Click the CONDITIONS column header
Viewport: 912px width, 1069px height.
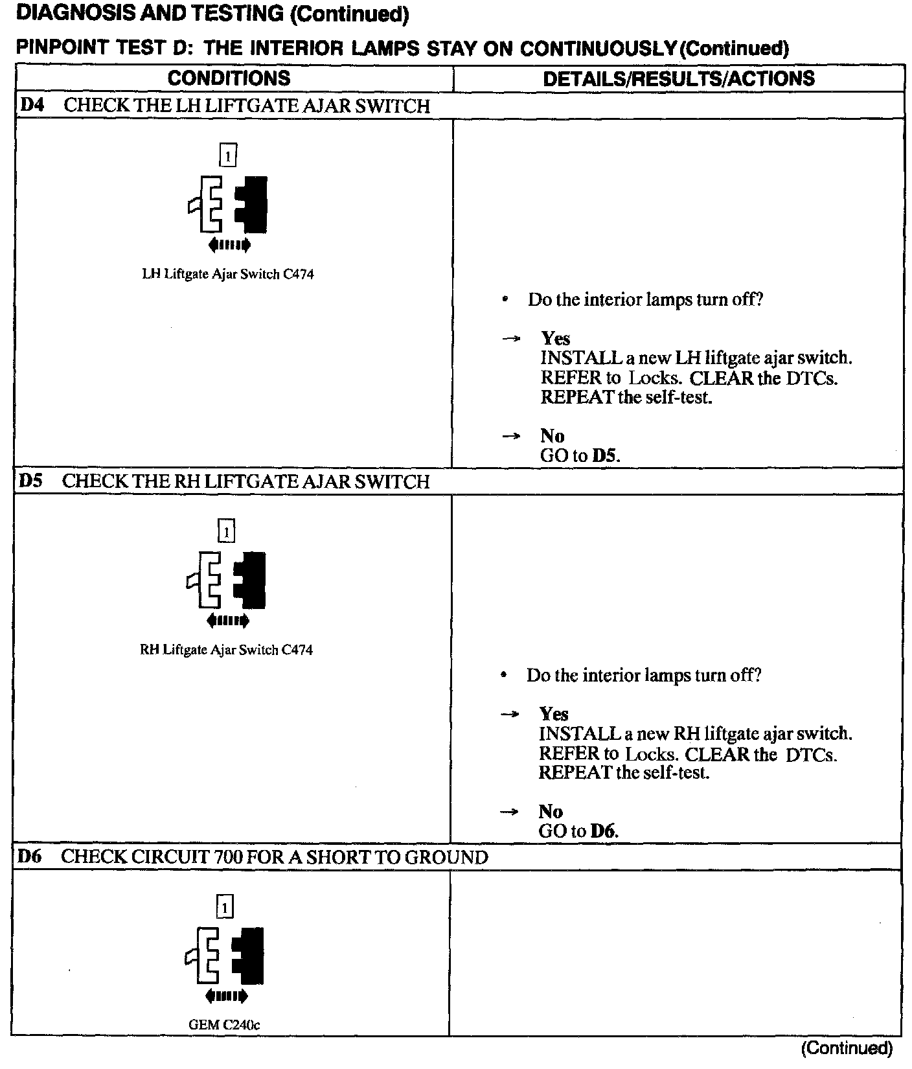coord(229,78)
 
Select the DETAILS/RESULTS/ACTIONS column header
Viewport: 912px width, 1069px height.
coord(678,78)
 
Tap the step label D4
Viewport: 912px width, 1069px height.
coord(32,105)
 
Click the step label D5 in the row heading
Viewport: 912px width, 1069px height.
coord(30,481)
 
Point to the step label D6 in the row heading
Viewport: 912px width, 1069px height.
coord(29,856)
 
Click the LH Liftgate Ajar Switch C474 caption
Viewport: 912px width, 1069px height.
coord(228,274)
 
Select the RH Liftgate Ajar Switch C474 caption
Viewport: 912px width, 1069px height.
coord(226,650)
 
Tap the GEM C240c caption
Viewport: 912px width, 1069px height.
coord(224,1025)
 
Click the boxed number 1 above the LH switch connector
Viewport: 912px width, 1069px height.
coord(228,155)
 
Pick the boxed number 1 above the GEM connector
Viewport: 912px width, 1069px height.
coord(224,907)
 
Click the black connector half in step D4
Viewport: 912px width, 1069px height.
coord(253,204)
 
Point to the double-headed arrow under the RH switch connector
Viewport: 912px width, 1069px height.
coord(227,621)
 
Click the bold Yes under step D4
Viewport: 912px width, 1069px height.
coord(556,338)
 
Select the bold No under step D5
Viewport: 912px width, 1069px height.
coord(551,811)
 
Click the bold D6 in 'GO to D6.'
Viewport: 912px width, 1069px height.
coord(602,831)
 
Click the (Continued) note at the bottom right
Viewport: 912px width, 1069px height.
coord(847,1048)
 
